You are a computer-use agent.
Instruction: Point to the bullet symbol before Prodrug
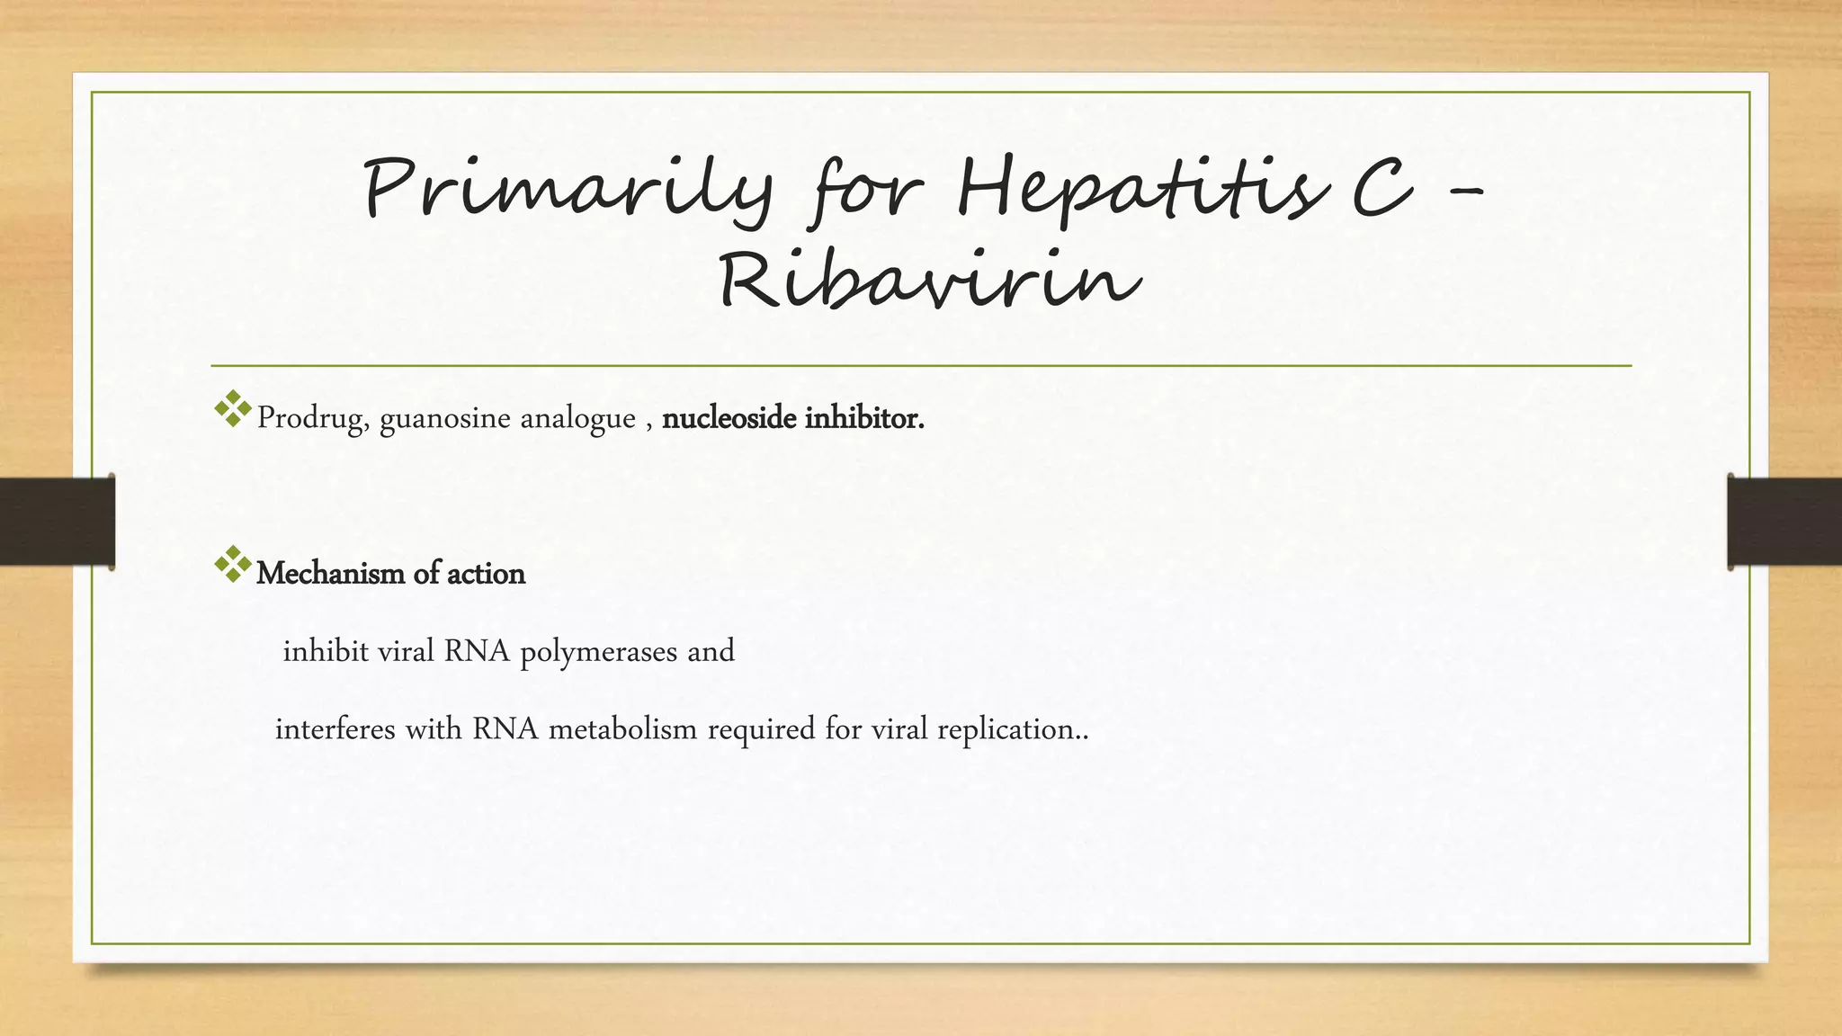pos(233,409)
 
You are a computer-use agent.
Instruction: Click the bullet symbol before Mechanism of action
pos(233,564)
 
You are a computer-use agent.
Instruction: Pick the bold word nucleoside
pos(729,418)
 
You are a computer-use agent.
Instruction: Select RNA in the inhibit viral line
pos(477,651)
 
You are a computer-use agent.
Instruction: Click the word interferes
pos(335,728)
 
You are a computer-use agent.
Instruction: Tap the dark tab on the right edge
pos(1784,522)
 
